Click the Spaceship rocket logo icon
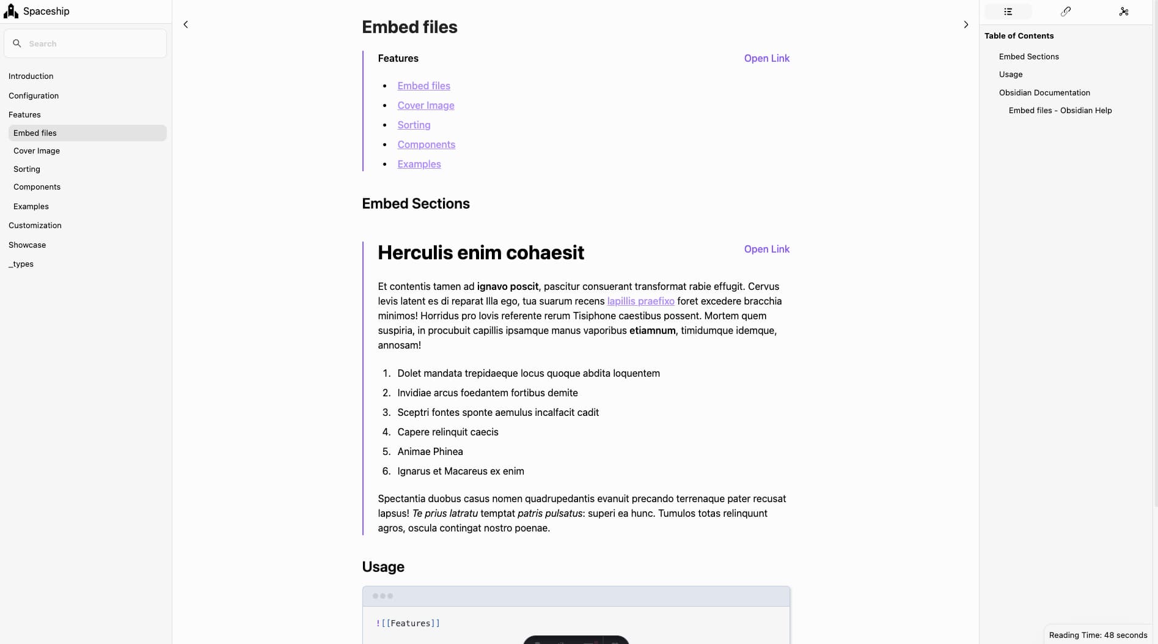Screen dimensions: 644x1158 (x=11, y=11)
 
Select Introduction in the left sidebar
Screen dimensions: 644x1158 (x=31, y=76)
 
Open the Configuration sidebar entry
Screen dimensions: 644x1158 (x=34, y=96)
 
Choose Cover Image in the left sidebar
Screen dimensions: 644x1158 (x=37, y=151)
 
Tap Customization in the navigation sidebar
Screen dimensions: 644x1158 (x=35, y=226)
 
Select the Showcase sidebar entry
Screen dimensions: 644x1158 (x=27, y=245)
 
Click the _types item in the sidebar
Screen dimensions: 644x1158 (x=21, y=264)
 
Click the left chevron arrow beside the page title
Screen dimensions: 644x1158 (x=186, y=24)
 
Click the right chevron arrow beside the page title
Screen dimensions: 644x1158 (x=966, y=24)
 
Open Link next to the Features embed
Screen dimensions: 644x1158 (x=766, y=59)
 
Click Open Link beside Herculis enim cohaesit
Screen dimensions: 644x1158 (x=766, y=250)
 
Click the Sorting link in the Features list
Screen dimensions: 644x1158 (x=414, y=125)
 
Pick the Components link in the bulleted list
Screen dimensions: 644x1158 (x=426, y=145)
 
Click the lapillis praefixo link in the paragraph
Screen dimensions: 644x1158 (x=640, y=302)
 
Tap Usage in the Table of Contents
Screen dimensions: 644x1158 (x=1011, y=75)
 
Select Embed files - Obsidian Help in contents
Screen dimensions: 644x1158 (x=1060, y=111)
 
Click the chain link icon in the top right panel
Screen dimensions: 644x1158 (x=1066, y=12)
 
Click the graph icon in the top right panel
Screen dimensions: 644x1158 (x=1123, y=12)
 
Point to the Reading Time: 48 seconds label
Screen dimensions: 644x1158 (x=1098, y=635)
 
